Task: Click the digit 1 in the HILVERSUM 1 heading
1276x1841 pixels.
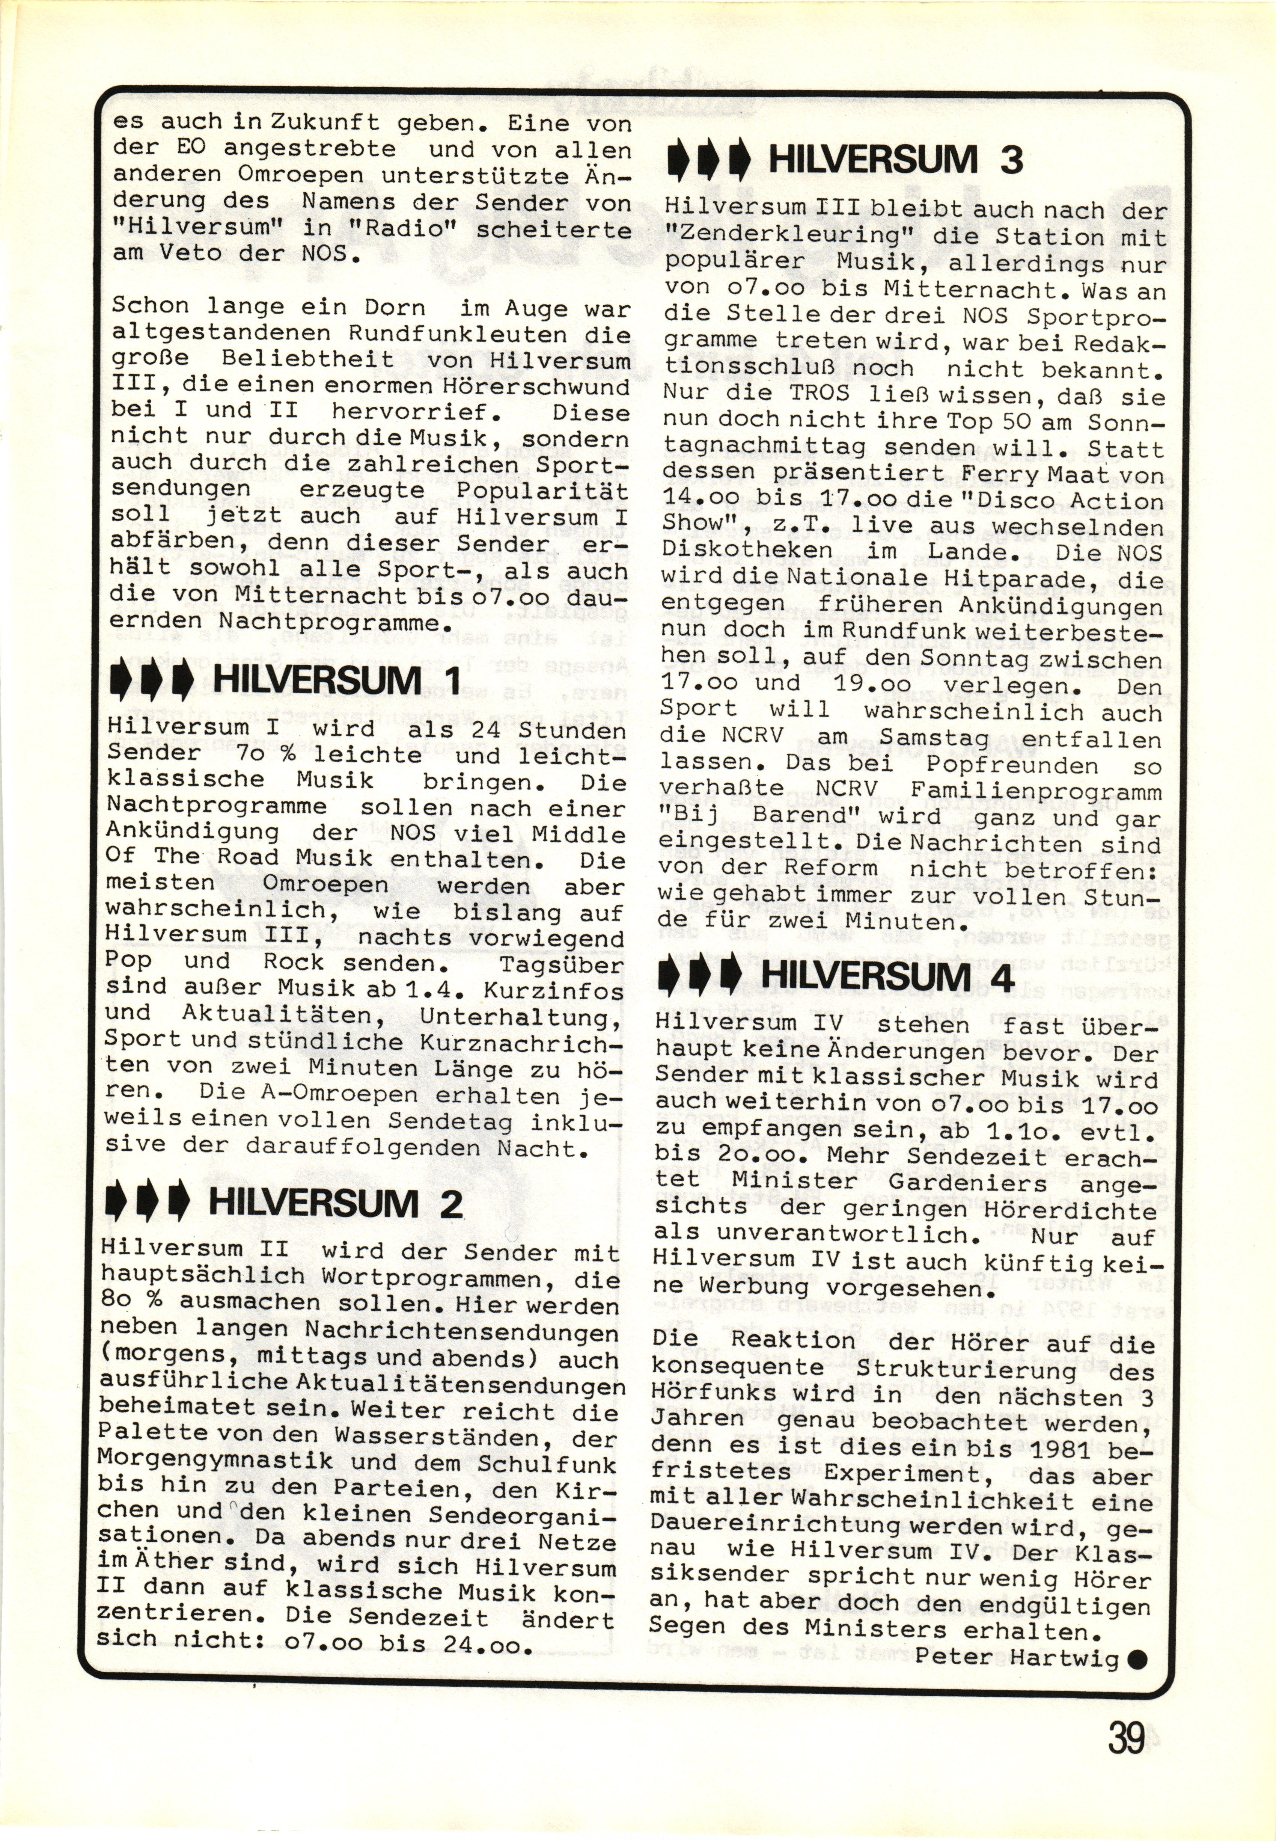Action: (452, 681)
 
